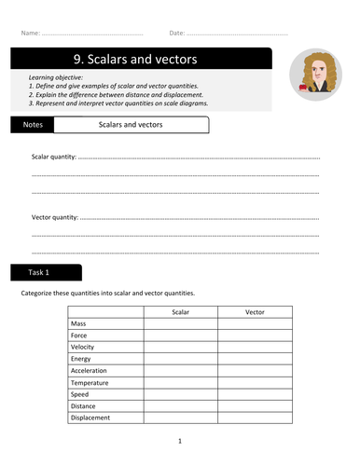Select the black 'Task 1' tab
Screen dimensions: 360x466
pyautogui.click(x=47, y=273)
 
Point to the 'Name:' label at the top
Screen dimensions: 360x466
pyautogui.click(x=30, y=34)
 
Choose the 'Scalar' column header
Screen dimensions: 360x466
pyautogui.click(x=180, y=312)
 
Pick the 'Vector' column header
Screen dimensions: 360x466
pyautogui.click(x=255, y=312)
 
